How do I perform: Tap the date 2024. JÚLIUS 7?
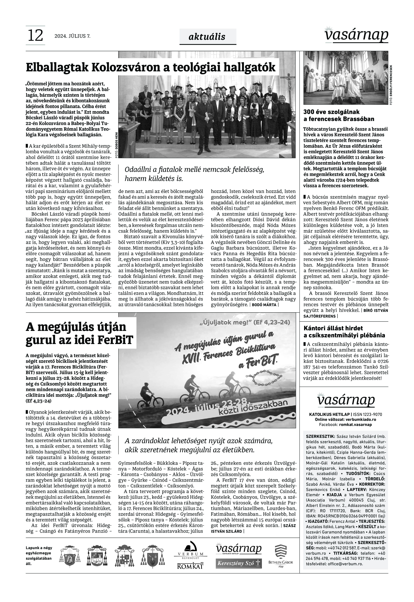72,36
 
